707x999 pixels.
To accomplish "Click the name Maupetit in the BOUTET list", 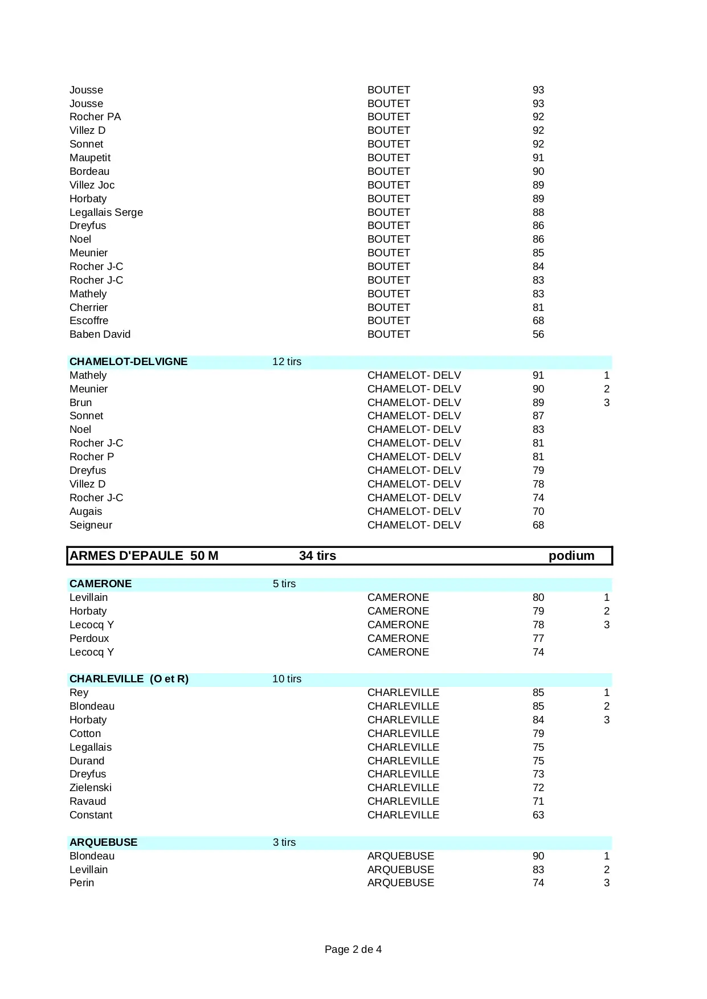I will click(90, 158).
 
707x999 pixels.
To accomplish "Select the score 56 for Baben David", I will click(538, 334).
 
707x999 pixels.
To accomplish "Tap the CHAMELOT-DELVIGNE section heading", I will click(128, 362).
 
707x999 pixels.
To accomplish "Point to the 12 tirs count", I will click(287, 362).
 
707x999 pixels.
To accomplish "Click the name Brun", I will click(80, 403).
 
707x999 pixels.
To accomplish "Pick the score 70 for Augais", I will click(538, 511).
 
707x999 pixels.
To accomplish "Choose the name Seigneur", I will click(91, 525).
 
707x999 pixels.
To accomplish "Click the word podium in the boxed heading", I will click(571, 556).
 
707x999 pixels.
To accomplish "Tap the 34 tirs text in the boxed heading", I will click(317, 556).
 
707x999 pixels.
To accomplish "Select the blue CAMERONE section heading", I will click(100, 584).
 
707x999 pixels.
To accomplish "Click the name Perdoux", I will click(89, 638).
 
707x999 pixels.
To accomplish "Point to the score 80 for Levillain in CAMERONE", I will click(538, 597).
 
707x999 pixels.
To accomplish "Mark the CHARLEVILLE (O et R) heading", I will click(129, 679).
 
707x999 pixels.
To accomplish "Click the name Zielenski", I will click(91, 788).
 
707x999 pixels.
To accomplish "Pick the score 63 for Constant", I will click(538, 815).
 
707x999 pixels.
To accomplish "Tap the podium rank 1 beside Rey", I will click(607, 693).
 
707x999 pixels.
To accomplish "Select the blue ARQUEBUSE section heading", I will click(103, 842).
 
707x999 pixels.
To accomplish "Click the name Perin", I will click(81, 883).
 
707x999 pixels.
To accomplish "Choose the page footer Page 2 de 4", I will click(353, 949).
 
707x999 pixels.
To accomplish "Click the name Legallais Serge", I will click(106, 212).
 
